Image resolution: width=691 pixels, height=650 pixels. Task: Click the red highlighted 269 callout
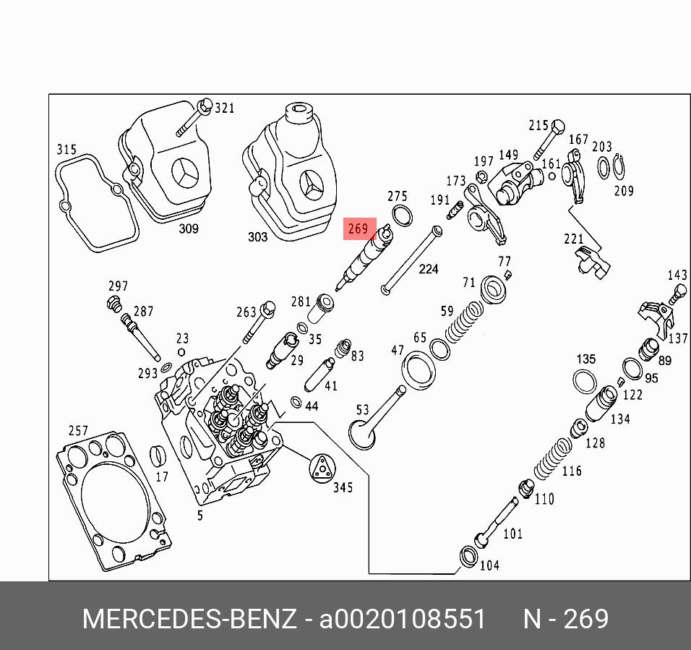[359, 229]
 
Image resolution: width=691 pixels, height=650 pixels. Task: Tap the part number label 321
[225, 108]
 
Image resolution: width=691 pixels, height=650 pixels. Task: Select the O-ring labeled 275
[402, 214]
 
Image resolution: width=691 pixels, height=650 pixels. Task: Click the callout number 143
[677, 275]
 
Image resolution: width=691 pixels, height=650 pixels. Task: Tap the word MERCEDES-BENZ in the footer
[189, 620]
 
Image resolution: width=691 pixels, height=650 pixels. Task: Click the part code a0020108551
[403, 620]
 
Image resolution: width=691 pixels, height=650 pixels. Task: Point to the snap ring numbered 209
[619, 167]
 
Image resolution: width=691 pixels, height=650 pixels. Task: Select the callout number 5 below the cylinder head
[200, 516]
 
